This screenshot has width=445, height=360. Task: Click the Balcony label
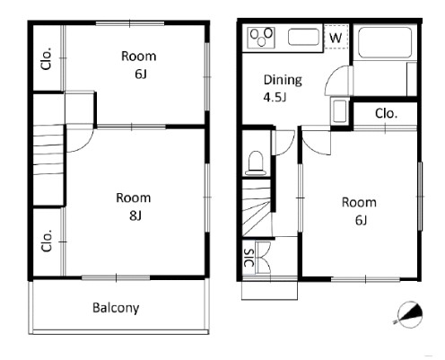click(116, 308)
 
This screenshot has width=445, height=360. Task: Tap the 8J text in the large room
click(135, 215)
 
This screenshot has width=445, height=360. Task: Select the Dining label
click(283, 80)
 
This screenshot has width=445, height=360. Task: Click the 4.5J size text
click(275, 97)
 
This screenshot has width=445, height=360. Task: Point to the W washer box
click(336, 38)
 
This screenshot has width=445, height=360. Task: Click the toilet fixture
click(255, 163)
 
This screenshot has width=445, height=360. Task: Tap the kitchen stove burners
click(261, 37)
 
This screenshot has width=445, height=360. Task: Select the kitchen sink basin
click(303, 37)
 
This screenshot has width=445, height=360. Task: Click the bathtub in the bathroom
click(385, 42)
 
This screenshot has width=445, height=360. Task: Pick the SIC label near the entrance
click(249, 258)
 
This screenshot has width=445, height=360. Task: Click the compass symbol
click(410, 314)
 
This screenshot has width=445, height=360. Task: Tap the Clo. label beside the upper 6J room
click(47, 58)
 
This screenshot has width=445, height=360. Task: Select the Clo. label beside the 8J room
click(47, 241)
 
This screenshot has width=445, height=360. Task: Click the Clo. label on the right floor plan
click(386, 113)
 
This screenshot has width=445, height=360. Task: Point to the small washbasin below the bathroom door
click(339, 111)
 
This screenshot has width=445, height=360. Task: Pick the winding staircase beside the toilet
click(256, 208)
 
